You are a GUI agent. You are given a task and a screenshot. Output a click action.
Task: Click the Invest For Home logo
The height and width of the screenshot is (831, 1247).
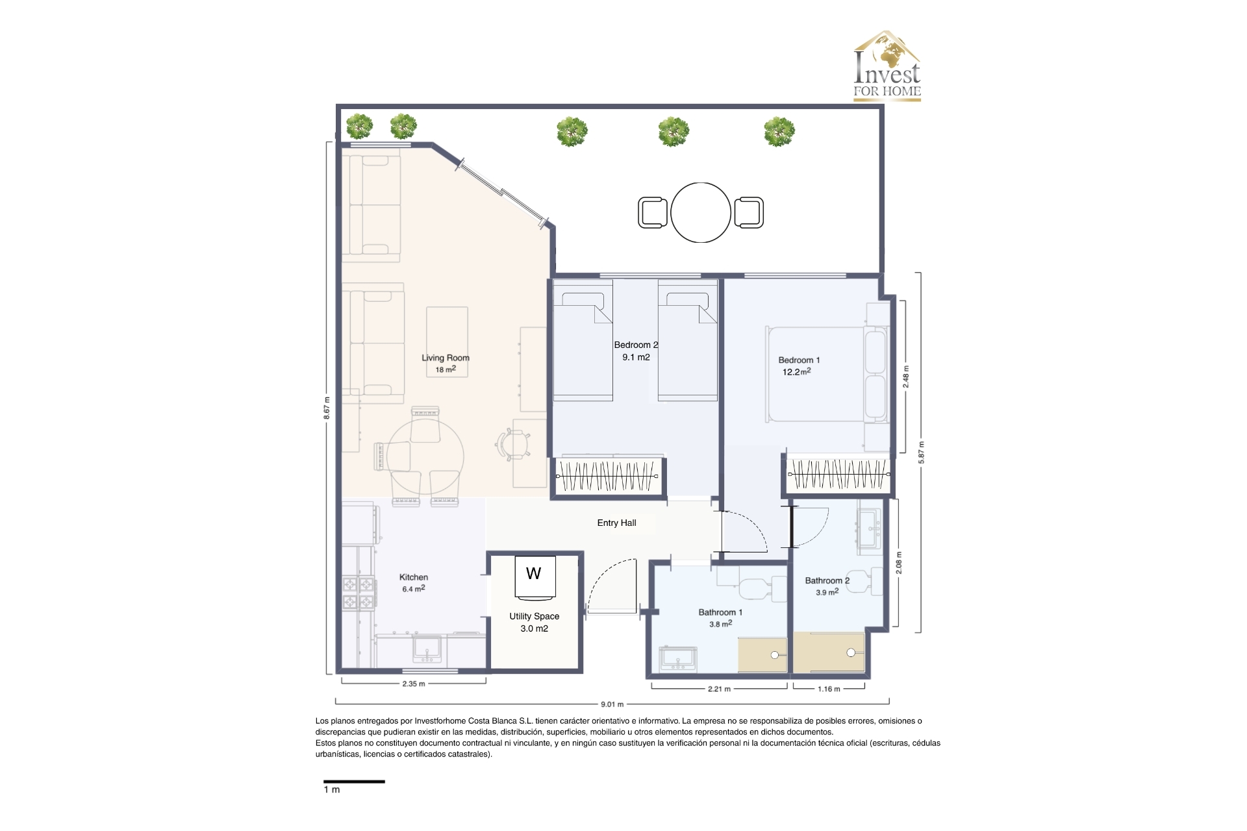tap(887, 66)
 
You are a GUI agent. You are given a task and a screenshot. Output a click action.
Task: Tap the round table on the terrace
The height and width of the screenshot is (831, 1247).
tap(701, 212)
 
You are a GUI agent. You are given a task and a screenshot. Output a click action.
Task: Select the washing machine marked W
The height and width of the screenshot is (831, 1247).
tap(535, 576)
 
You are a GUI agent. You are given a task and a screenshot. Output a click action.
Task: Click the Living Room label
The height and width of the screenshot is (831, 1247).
tap(446, 358)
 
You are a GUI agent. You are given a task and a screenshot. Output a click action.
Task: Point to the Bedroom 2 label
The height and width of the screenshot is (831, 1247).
tap(636, 345)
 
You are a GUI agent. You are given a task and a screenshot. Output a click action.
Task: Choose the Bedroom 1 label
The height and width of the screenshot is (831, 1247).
tap(799, 360)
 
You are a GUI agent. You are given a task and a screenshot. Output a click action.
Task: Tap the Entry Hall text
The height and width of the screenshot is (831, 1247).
tap(616, 523)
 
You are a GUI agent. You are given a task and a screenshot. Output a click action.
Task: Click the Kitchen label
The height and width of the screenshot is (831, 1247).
tap(414, 577)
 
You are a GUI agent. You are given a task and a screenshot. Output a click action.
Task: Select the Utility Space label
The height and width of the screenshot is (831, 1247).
tap(534, 616)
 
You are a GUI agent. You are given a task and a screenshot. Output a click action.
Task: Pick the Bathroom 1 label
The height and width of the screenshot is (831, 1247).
tap(720, 612)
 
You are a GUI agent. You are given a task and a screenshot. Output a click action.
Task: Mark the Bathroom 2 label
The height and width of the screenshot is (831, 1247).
tap(827, 580)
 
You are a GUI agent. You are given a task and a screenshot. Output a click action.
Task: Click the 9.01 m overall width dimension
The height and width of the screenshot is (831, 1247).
tap(612, 704)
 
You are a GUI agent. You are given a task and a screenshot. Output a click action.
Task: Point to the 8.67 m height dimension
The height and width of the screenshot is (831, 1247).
tap(327, 408)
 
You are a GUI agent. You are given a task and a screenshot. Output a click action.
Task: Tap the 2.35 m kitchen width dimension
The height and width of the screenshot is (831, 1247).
tap(414, 684)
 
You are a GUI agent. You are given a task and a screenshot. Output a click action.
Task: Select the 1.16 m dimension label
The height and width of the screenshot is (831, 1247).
tap(829, 689)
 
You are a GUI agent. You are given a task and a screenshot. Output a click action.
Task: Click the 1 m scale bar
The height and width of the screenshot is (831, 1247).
tap(354, 782)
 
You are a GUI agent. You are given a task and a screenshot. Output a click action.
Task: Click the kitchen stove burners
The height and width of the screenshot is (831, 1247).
tap(359, 593)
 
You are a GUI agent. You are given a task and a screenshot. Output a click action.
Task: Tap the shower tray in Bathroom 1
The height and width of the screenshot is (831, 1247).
tap(762, 655)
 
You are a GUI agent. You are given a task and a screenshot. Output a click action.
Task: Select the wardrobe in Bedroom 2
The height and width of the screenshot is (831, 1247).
tap(607, 476)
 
